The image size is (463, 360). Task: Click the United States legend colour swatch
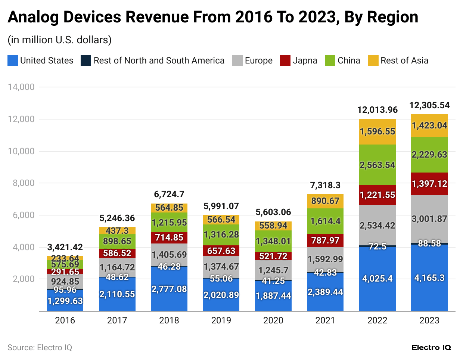pyautogui.click(x=13, y=60)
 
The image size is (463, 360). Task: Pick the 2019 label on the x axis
pyautogui.click(x=221, y=320)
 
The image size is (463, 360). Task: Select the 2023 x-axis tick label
pyautogui.click(x=429, y=320)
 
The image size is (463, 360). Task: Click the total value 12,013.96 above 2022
pyautogui.click(x=377, y=110)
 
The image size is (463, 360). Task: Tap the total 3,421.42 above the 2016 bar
pyautogui.click(x=65, y=247)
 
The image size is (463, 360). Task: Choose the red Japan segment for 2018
pyautogui.click(x=169, y=238)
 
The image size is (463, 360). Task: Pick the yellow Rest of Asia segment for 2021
pyautogui.click(x=325, y=201)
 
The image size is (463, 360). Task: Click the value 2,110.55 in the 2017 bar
pyautogui.click(x=117, y=294)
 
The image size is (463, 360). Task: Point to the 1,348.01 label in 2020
pyautogui.click(x=273, y=241)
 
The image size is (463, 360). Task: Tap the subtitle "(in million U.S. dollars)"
pyautogui.click(x=60, y=40)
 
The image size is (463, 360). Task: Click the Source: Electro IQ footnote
pyautogui.click(x=40, y=348)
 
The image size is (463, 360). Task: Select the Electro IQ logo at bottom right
pyautogui.click(x=431, y=348)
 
